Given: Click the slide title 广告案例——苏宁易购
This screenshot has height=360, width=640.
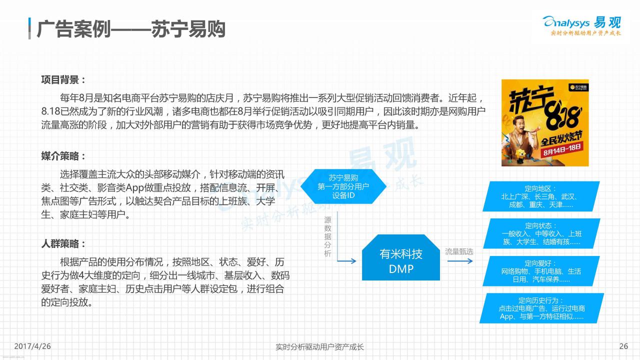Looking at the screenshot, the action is coord(131,29).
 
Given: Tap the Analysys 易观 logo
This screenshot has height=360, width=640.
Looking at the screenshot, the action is coord(581,25).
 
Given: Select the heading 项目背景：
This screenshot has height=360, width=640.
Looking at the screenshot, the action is coord(63,79).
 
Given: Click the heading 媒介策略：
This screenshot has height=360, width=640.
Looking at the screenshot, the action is coord(63,156).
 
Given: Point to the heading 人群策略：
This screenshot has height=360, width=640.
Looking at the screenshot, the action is coord(63,244).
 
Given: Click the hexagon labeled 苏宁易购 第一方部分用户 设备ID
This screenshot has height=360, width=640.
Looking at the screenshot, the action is coord(343,186).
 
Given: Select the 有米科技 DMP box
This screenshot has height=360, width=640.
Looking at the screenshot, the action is coord(401,257).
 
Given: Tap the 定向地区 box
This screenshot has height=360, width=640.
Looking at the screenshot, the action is coord(541,196).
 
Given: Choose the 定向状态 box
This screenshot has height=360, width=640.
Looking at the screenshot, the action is coord(541,233).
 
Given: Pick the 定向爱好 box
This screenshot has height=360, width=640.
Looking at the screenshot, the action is coord(541,271).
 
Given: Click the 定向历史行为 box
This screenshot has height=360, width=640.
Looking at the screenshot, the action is coord(541,308).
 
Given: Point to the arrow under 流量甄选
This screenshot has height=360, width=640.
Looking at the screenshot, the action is coord(460,261).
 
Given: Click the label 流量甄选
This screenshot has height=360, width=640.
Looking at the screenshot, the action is coord(459,251).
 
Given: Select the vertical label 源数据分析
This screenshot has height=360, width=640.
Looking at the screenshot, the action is coord(327,236).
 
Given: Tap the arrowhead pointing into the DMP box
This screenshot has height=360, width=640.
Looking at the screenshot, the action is coord(353,261).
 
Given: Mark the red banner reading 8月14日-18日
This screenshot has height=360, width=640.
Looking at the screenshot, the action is coord(562,149).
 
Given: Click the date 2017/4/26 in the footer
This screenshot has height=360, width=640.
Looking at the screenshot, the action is coord(32,346).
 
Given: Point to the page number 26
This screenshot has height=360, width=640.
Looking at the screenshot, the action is coord(623,346).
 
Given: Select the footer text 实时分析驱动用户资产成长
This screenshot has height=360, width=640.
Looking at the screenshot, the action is coord(319,347).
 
